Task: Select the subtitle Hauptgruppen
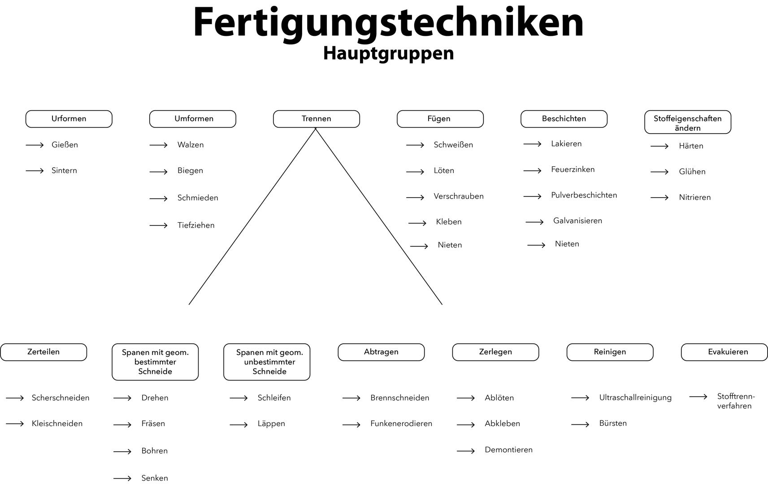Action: [x=388, y=53]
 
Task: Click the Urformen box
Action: [x=69, y=119]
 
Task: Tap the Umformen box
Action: [x=193, y=119]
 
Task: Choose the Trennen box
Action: [x=317, y=119]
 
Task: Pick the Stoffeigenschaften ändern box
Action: [x=688, y=122]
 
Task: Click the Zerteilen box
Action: [x=43, y=352]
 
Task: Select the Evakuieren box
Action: [x=725, y=352]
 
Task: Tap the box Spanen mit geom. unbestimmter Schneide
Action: [x=267, y=362]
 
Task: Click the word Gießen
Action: [x=65, y=145]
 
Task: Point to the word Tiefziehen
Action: [x=196, y=225]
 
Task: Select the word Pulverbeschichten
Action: [x=584, y=195]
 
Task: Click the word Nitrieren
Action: [x=694, y=198]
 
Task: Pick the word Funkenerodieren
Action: [x=401, y=424]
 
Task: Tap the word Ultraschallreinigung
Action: [x=635, y=398]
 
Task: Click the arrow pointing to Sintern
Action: [x=35, y=171]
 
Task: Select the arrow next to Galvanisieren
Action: [x=534, y=222]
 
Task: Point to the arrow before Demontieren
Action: [x=466, y=451]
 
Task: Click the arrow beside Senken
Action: [x=122, y=479]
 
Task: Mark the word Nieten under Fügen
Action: [x=450, y=245]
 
